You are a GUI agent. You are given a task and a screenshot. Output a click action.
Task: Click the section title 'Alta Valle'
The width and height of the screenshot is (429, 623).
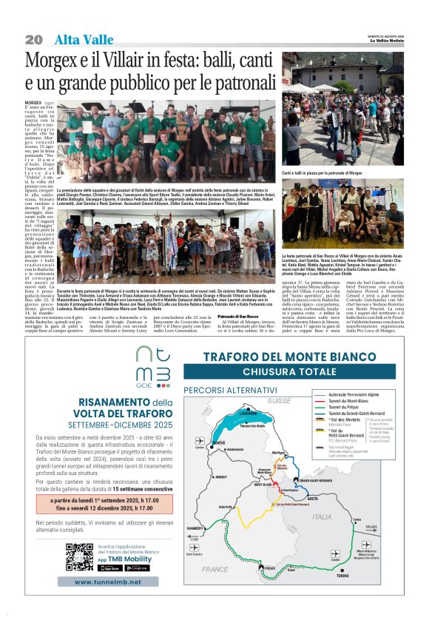[84, 39]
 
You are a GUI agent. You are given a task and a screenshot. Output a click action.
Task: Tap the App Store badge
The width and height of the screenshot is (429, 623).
[109, 568]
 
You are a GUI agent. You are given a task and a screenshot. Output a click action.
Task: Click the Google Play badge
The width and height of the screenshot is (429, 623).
[137, 568]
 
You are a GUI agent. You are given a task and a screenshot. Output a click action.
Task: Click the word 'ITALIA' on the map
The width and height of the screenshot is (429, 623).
[322, 516]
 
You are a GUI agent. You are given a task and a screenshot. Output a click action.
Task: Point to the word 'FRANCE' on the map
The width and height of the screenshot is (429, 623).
[215, 569]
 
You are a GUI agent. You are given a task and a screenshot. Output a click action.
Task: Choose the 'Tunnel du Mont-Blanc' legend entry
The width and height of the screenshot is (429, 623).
[350, 400]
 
